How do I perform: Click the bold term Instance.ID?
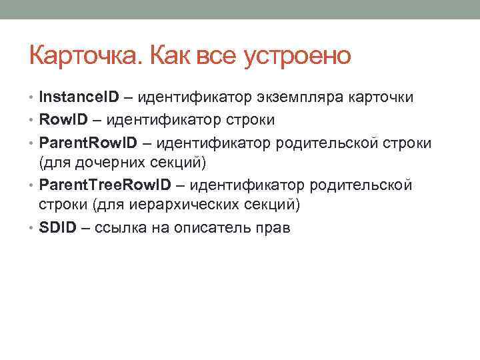(x=79, y=97)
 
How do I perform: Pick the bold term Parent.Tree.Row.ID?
(x=103, y=185)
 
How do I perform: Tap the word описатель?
(x=215, y=227)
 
